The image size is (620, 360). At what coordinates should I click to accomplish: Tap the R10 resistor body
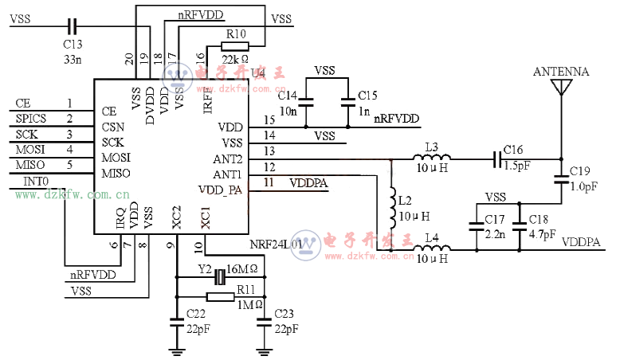point(235,45)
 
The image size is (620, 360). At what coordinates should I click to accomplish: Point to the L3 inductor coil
point(430,158)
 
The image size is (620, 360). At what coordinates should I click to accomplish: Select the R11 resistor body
point(219,296)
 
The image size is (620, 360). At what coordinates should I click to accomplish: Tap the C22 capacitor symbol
point(176,323)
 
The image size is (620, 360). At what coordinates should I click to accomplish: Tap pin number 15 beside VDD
point(269,119)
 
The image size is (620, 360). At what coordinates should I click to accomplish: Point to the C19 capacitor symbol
point(561,181)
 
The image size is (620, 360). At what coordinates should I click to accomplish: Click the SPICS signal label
point(32,119)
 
